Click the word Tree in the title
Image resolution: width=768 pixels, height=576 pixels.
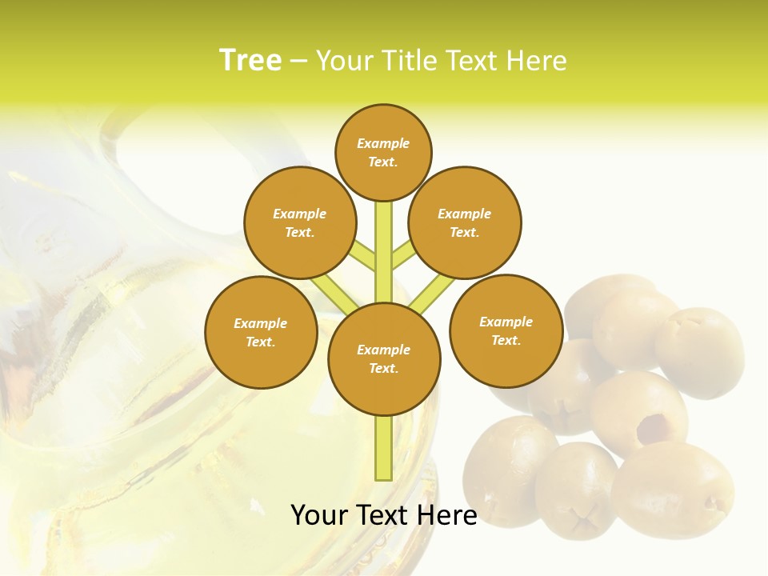click(250, 60)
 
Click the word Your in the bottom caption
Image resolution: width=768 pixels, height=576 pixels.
click(321, 515)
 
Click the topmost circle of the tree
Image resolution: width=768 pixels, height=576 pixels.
click(383, 152)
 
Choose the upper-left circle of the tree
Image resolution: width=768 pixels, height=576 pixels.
click(300, 222)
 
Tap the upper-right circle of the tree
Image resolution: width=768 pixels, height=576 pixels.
click(465, 222)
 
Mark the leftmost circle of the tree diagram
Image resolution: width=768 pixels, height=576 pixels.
click(261, 332)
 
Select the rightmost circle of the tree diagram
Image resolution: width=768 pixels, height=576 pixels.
click(506, 330)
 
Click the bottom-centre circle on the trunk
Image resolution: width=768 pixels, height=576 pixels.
click(384, 359)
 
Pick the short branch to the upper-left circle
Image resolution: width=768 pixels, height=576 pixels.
click(364, 256)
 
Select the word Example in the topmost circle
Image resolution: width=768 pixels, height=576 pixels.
click(383, 143)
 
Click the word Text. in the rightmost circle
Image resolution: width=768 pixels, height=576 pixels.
click(506, 340)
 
